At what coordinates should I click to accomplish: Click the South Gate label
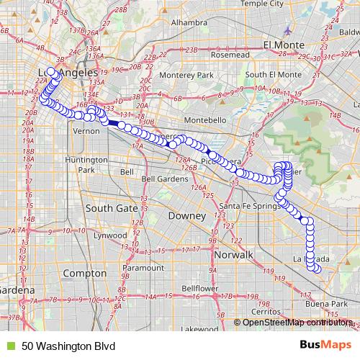[x=112, y=207]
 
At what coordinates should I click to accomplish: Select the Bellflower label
[x=199, y=288]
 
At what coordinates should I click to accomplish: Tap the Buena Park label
[x=322, y=305]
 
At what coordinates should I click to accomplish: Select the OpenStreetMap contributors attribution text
[x=295, y=322]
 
